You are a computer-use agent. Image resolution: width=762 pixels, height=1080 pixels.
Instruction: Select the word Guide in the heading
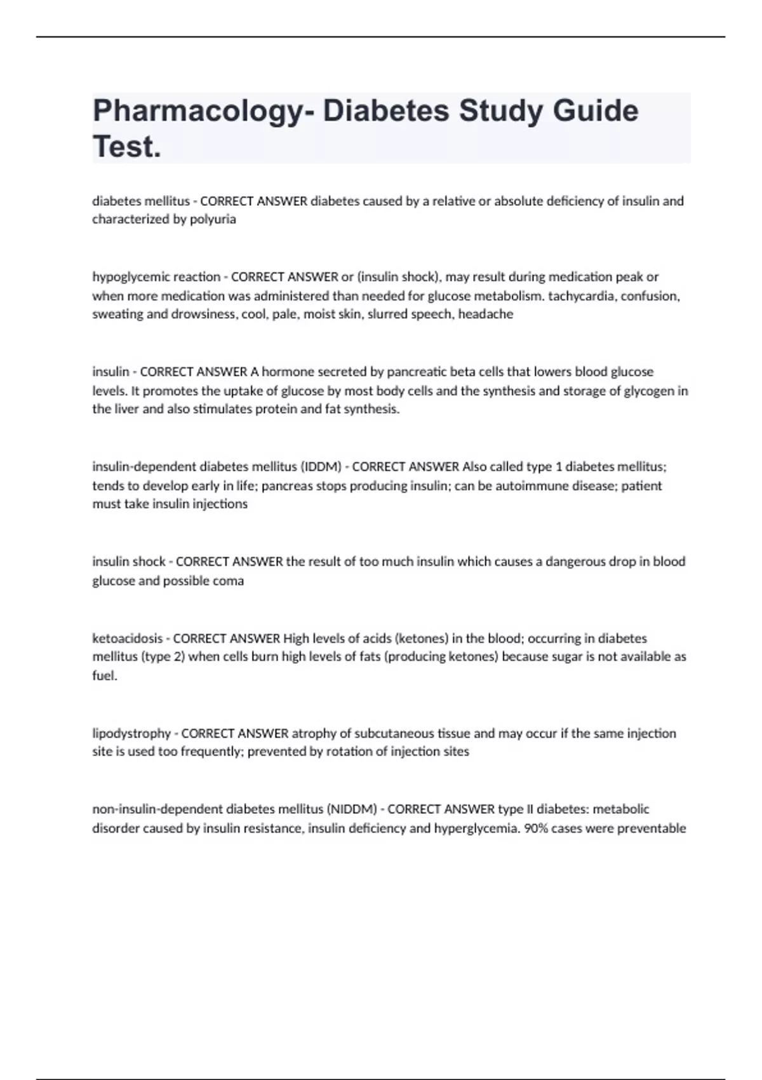click(595, 111)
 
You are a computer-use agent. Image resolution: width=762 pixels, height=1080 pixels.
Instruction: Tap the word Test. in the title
click(127, 147)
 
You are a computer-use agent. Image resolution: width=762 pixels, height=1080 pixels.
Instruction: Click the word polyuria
click(213, 219)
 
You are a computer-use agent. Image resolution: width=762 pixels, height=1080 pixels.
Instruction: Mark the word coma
click(228, 581)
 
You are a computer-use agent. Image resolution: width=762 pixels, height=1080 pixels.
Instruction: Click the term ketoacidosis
click(127, 638)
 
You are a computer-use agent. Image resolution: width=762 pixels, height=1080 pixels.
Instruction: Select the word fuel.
click(105, 675)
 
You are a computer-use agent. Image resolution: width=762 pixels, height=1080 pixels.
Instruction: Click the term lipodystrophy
click(131, 734)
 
